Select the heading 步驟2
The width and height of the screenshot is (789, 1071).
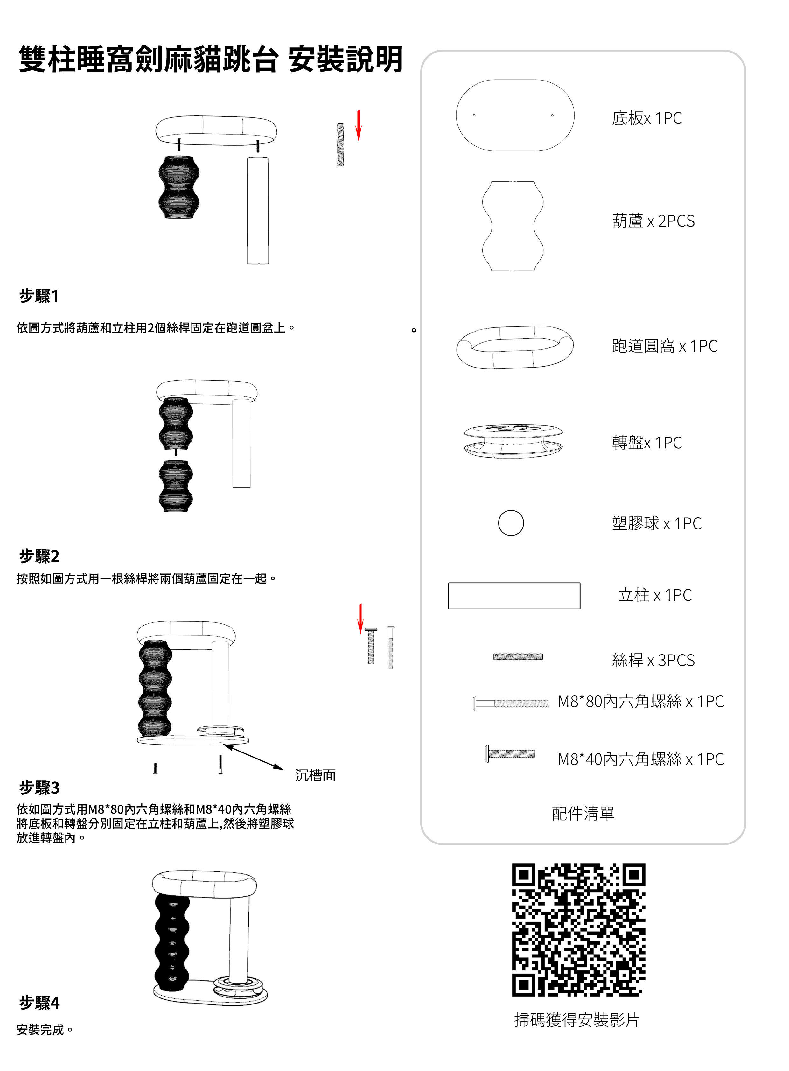point(39,556)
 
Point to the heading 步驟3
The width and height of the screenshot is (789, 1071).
point(39,787)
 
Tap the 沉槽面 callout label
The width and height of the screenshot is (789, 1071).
point(315,775)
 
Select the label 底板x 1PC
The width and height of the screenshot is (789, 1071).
point(647,118)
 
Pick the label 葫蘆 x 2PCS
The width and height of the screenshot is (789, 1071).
point(653,221)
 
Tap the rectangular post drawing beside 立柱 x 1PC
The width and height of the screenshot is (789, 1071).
point(514,596)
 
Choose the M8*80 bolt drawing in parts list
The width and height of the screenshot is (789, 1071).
point(511,703)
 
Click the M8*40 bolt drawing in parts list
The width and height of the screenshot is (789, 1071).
point(510,754)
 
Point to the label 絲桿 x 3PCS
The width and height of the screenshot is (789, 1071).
point(653,660)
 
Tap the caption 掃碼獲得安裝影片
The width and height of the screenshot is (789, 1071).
point(577,1020)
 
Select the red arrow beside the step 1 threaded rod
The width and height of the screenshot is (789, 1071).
point(359,125)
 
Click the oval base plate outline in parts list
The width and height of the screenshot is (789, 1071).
point(515,115)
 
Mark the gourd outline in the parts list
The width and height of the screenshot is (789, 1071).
point(513,226)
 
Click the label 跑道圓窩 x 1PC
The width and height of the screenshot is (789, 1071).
point(664,346)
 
